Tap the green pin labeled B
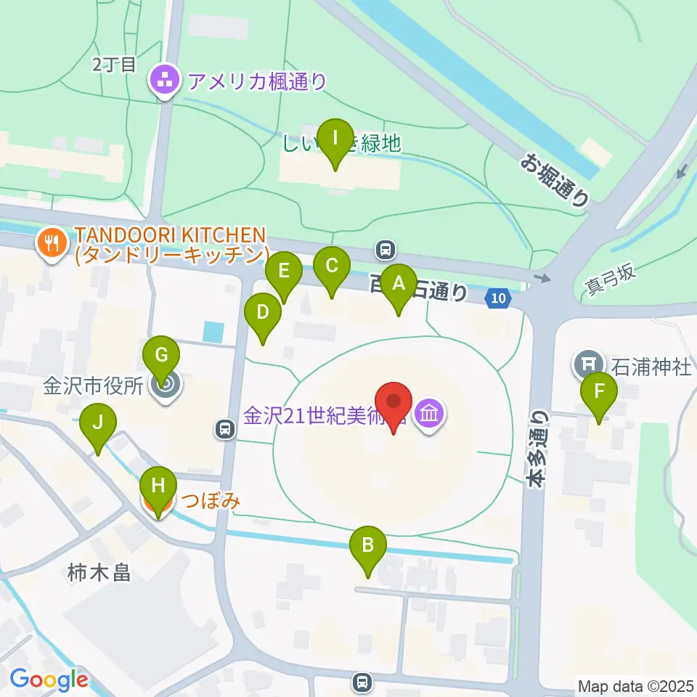(x=368, y=546)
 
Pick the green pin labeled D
(x=263, y=314)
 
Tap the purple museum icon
(x=430, y=415)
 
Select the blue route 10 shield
(x=497, y=298)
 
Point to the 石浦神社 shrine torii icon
(x=587, y=362)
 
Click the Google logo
(x=49, y=680)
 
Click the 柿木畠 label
(x=99, y=573)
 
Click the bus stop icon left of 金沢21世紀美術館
(x=226, y=430)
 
